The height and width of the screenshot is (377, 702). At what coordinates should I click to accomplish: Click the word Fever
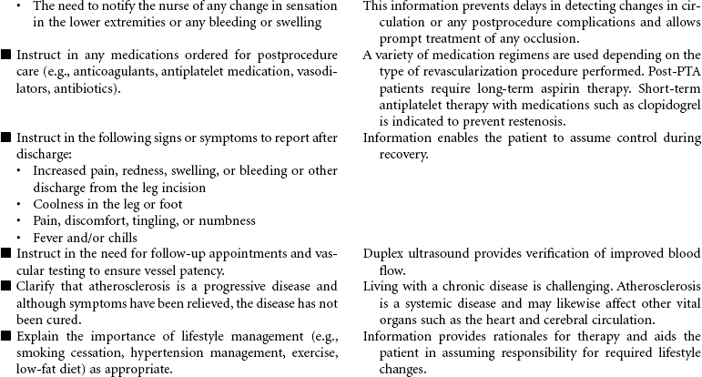point(48,238)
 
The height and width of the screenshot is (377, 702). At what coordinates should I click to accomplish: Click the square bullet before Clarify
point(6,286)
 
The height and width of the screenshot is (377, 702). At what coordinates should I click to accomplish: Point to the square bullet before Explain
point(6,336)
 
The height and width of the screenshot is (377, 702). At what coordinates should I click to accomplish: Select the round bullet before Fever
point(21,238)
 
